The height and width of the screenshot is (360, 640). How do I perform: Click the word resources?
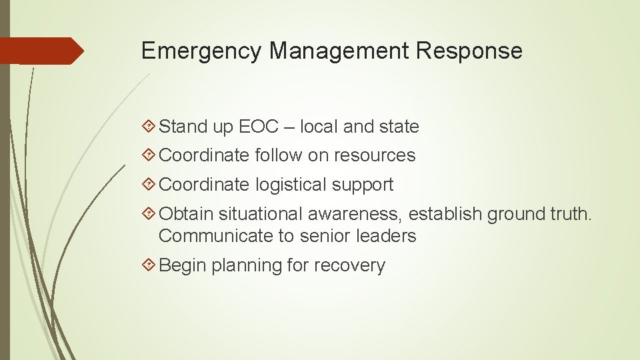(375, 155)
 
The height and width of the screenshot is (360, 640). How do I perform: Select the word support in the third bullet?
(368, 185)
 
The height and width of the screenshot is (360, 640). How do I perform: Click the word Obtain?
(187, 214)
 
